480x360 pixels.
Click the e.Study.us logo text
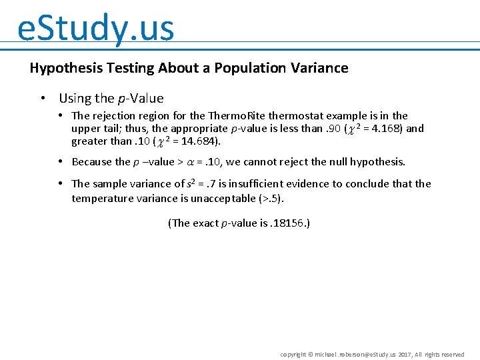(95, 28)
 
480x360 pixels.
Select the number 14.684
(199, 141)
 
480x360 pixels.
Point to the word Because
(92, 162)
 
